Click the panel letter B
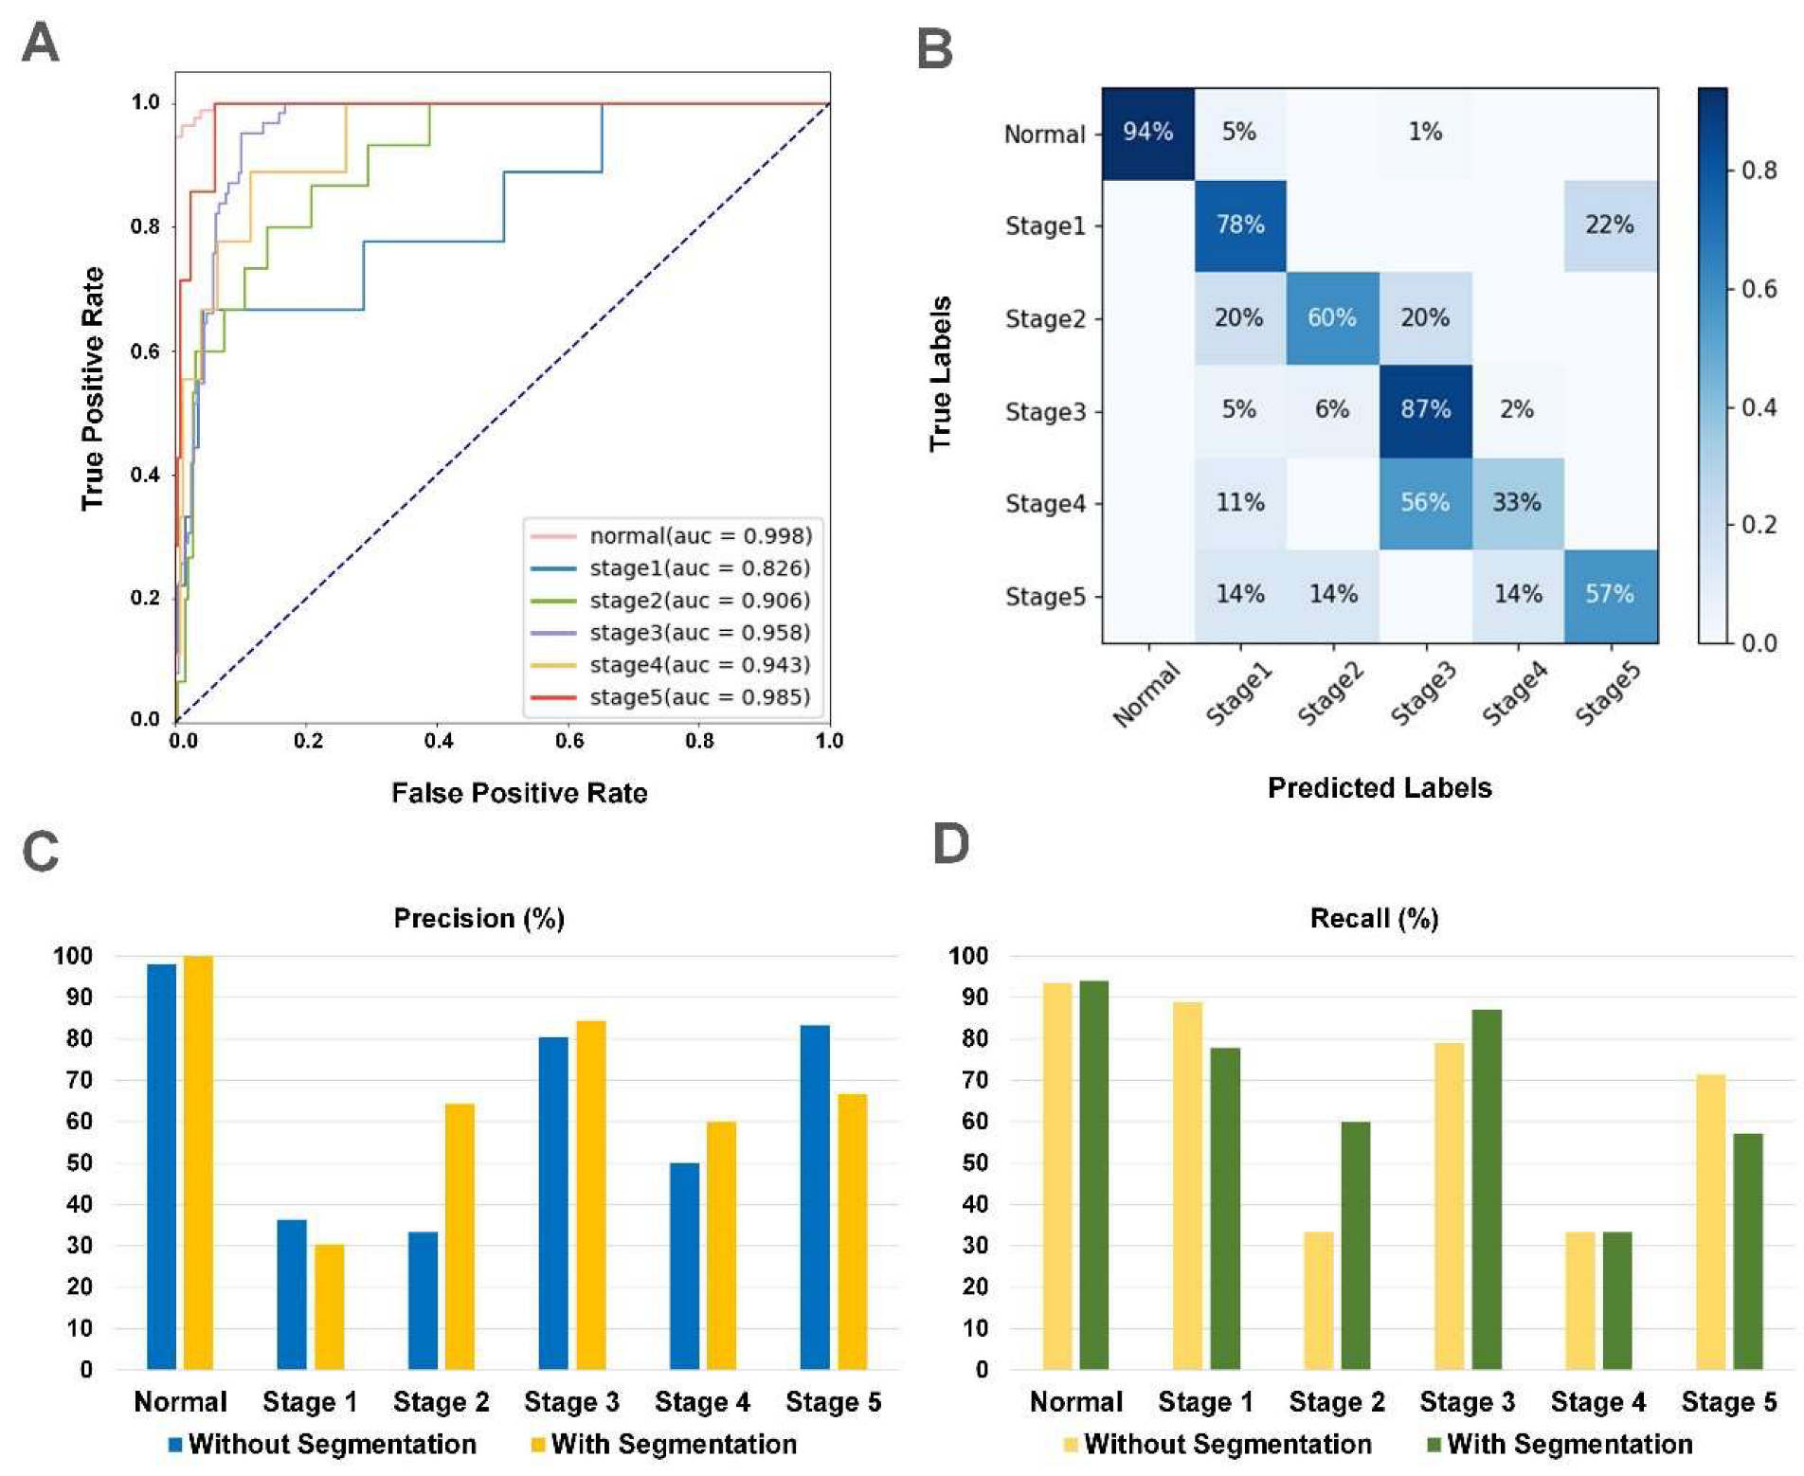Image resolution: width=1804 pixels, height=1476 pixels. pos(935,48)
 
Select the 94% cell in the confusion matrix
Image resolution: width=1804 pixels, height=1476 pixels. pos(1147,132)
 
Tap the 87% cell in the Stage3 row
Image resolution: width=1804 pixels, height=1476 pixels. pos(1425,409)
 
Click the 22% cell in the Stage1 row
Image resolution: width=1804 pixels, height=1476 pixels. pos(1610,225)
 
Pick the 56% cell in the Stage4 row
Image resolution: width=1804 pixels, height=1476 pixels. pos(1425,502)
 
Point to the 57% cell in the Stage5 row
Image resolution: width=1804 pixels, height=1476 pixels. pos(1610,594)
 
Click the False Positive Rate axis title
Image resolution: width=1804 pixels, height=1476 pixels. pos(519,793)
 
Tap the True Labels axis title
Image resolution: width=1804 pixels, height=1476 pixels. pos(940,373)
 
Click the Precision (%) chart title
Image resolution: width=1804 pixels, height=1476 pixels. pos(478,918)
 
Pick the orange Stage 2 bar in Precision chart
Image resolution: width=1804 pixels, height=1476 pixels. pos(460,1236)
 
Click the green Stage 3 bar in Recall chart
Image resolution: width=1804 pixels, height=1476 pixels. pos(1487,1189)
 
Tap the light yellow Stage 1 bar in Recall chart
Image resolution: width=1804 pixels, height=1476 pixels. pos(1187,1185)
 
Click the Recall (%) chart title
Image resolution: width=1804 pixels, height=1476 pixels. pos(1374,918)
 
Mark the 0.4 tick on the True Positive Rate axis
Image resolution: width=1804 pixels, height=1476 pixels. pos(145,475)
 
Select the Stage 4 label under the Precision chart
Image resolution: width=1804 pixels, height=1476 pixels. pos(702,1402)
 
